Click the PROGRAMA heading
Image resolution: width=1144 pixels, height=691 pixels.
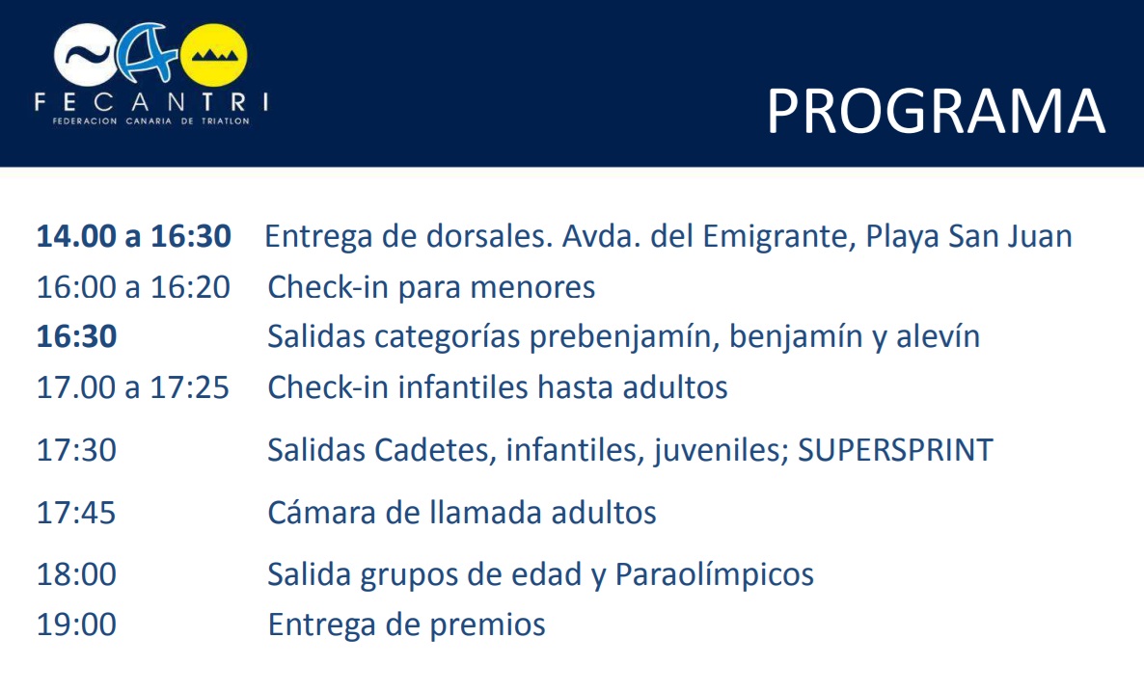pyautogui.click(x=936, y=111)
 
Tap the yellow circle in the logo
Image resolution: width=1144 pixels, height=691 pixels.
pyautogui.click(x=214, y=55)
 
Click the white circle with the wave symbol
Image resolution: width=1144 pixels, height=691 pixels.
pyautogui.click(x=85, y=55)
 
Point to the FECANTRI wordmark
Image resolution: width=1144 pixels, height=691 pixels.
pyautogui.click(x=151, y=102)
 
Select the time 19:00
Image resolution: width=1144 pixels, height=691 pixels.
pyautogui.click(x=76, y=625)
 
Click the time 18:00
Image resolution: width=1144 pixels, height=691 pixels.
pyautogui.click(x=76, y=574)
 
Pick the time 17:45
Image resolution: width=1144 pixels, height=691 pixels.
pyautogui.click(x=76, y=513)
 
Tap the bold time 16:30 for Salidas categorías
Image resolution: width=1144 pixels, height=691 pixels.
pyautogui.click(x=76, y=336)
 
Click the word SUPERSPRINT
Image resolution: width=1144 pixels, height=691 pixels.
pyautogui.click(x=895, y=450)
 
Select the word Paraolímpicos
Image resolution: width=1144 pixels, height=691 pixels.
pyautogui.click(x=714, y=574)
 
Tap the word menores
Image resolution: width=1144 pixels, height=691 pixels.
pyautogui.click(x=532, y=287)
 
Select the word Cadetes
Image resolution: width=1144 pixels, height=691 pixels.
pyautogui.click(x=436, y=450)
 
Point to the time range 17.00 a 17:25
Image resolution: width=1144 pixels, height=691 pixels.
pyautogui.click(x=133, y=387)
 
